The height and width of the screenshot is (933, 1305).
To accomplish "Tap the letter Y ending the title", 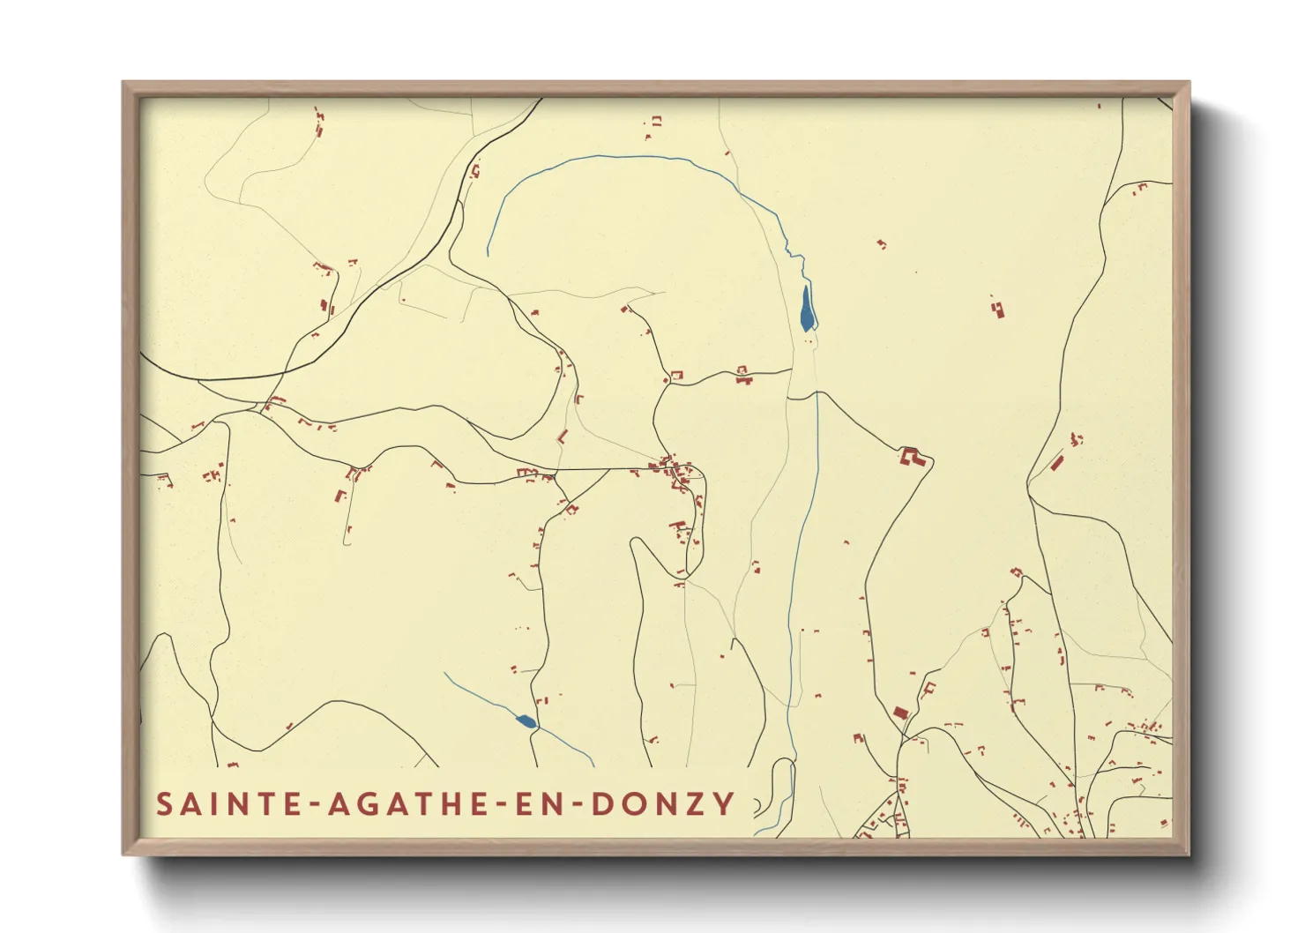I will pos(726,804).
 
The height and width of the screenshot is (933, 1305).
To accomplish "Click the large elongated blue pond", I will pos(806,309).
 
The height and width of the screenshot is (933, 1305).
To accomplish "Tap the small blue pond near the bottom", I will pos(526,722).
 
